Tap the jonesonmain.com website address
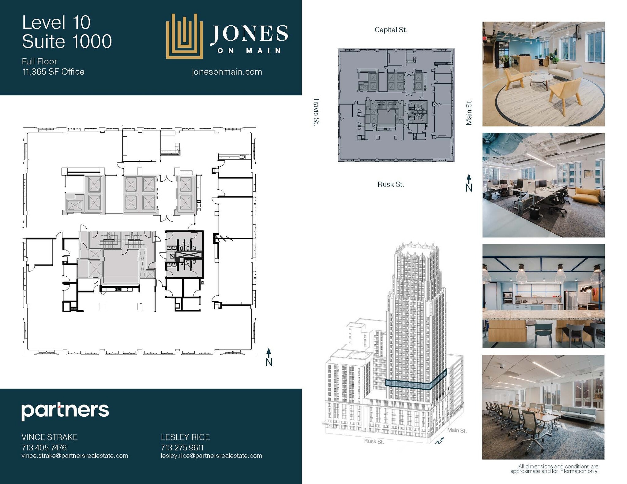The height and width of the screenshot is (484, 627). click(227, 72)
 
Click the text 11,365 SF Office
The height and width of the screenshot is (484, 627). click(53, 72)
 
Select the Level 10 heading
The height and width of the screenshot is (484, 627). click(56, 23)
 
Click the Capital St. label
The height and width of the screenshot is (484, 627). click(391, 30)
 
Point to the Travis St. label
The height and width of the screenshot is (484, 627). click(316, 111)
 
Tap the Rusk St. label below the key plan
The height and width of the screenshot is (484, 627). click(390, 184)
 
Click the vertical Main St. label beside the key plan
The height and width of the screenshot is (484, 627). click(469, 112)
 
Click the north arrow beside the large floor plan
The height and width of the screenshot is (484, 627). click(268, 357)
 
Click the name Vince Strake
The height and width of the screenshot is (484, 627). click(49, 437)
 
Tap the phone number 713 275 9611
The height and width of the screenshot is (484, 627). click(182, 448)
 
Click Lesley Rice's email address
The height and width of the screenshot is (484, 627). click(211, 456)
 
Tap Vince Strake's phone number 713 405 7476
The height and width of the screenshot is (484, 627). click(44, 448)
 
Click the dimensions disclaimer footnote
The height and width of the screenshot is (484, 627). click(554, 469)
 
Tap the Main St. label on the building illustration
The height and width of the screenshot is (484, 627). click(456, 430)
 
